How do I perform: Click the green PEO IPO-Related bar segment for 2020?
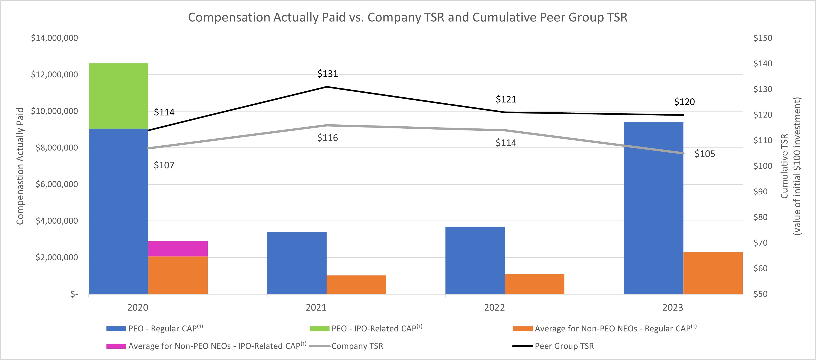coord(118,96)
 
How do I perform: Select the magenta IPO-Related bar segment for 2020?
coord(178,249)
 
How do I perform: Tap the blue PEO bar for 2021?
coord(297,263)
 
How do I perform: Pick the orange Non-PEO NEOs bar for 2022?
coord(534,284)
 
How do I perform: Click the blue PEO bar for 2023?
coord(653,208)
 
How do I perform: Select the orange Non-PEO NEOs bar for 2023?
coord(713,273)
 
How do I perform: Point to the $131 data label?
coord(327,74)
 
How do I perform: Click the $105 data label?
coord(705,154)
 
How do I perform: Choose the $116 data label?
coord(327,138)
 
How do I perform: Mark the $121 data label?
coord(506,100)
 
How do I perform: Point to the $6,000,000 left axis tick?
coord(56,184)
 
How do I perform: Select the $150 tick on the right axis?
coord(763,38)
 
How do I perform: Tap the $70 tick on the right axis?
coord(760,243)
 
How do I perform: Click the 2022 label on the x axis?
coord(494,307)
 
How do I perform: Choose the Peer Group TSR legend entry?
coord(564,346)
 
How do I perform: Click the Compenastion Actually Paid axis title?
coord(20,166)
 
